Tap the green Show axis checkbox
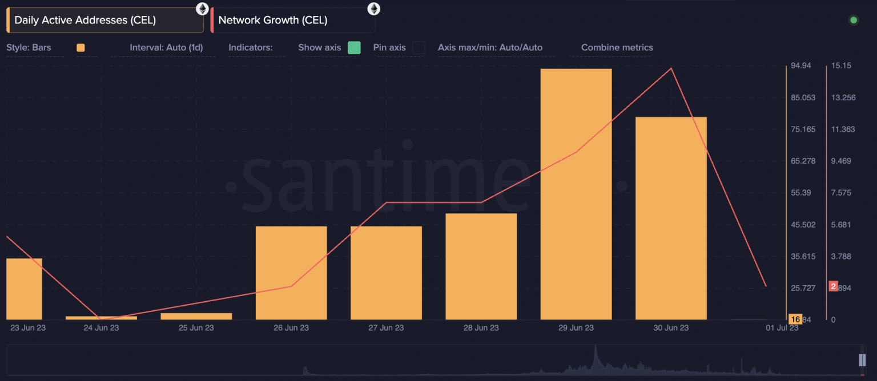354,48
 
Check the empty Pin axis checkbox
419,48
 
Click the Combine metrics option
617,48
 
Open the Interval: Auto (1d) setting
166,48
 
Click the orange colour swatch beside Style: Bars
81,48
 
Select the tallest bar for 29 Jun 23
576,194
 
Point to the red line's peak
671,68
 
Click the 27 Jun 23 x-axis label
386,328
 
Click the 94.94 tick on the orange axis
801,66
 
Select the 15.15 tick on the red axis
842,66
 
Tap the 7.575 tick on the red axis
842,193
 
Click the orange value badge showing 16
795,319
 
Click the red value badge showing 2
833,286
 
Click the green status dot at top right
854,21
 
